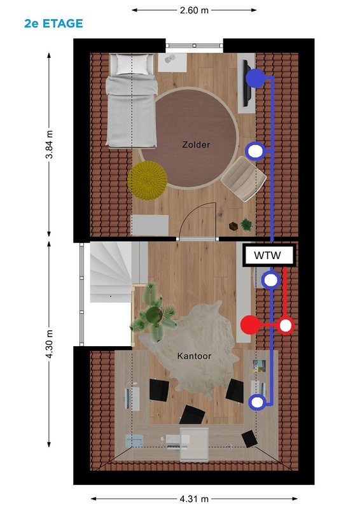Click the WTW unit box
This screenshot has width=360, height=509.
coord(269,255)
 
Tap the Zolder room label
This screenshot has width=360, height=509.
coord(196,144)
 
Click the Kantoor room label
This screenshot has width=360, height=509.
coord(194,356)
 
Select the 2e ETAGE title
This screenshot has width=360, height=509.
coord(53,24)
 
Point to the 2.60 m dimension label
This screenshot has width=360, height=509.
coord(194,10)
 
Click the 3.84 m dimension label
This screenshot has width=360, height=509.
coord(49,144)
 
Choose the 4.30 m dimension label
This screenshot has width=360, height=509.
coord(49,344)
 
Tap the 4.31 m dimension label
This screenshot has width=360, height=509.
coord(194,499)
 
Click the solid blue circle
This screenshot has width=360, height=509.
coord(256,78)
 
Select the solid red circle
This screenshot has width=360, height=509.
coord(250,324)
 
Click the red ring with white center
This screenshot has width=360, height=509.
coord(286,326)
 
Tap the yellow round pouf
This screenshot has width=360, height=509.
coord(148,180)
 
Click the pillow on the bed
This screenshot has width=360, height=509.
coord(132,64)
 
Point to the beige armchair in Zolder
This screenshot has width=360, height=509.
coord(244,179)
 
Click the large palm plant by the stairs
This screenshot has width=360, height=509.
coord(153,312)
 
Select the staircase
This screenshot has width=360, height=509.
coord(111,272)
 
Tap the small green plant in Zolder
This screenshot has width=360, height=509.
coord(247,225)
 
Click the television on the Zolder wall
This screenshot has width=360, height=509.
coord(247,83)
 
